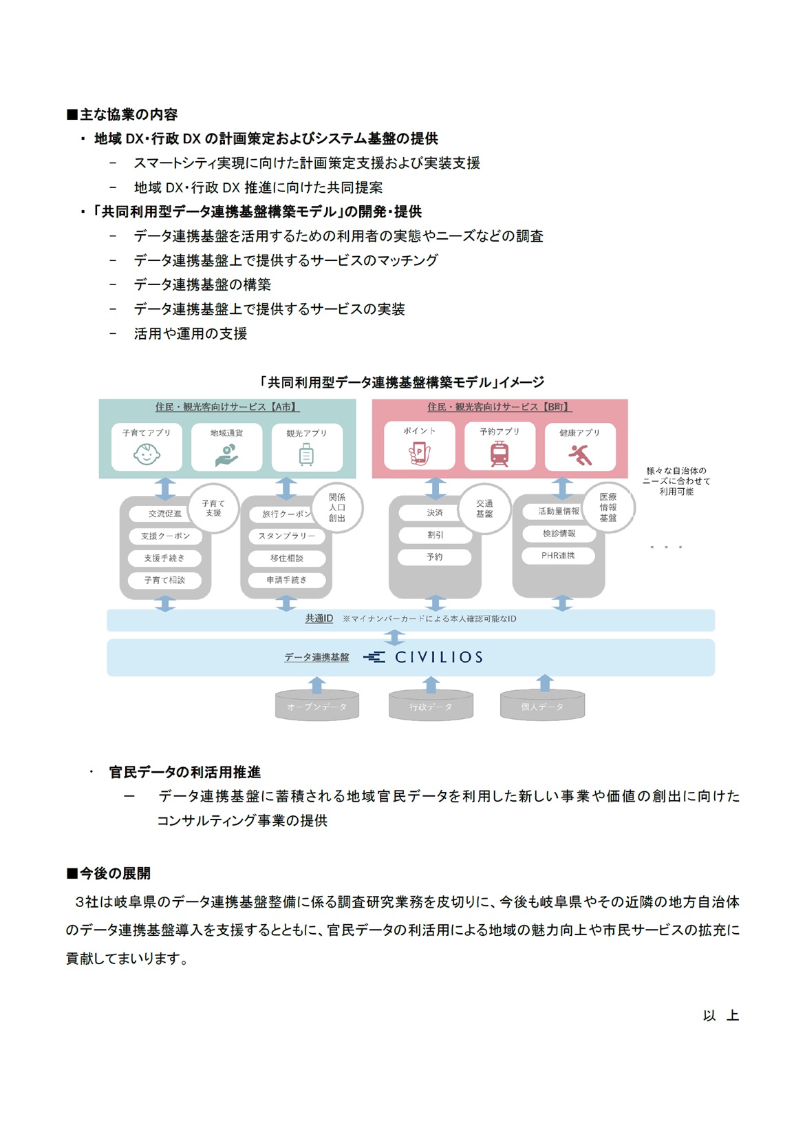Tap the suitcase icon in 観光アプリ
(x=306, y=454)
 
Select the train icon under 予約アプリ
(x=500, y=453)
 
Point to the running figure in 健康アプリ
(x=579, y=455)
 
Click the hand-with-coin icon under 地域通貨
(x=226, y=455)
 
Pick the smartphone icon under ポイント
(x=420, y=452)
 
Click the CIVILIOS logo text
(x=439, y=657)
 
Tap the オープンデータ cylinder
(x=317, y=706)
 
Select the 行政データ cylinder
(x=431, y=706)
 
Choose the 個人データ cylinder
(x=542, y=706)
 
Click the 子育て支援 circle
(x=213, y=508)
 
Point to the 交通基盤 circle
(x=484, y=508)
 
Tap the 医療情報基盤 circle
(x=608, y=507)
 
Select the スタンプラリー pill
(x=287, y=536)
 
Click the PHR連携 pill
(x=558, y=555)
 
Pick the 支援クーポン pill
(x=165, y=536)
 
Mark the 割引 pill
(x=436, y=534)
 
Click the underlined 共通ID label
(x=319, y=618)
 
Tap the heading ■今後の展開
(x=109, y=873)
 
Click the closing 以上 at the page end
(x=721, y=1015)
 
